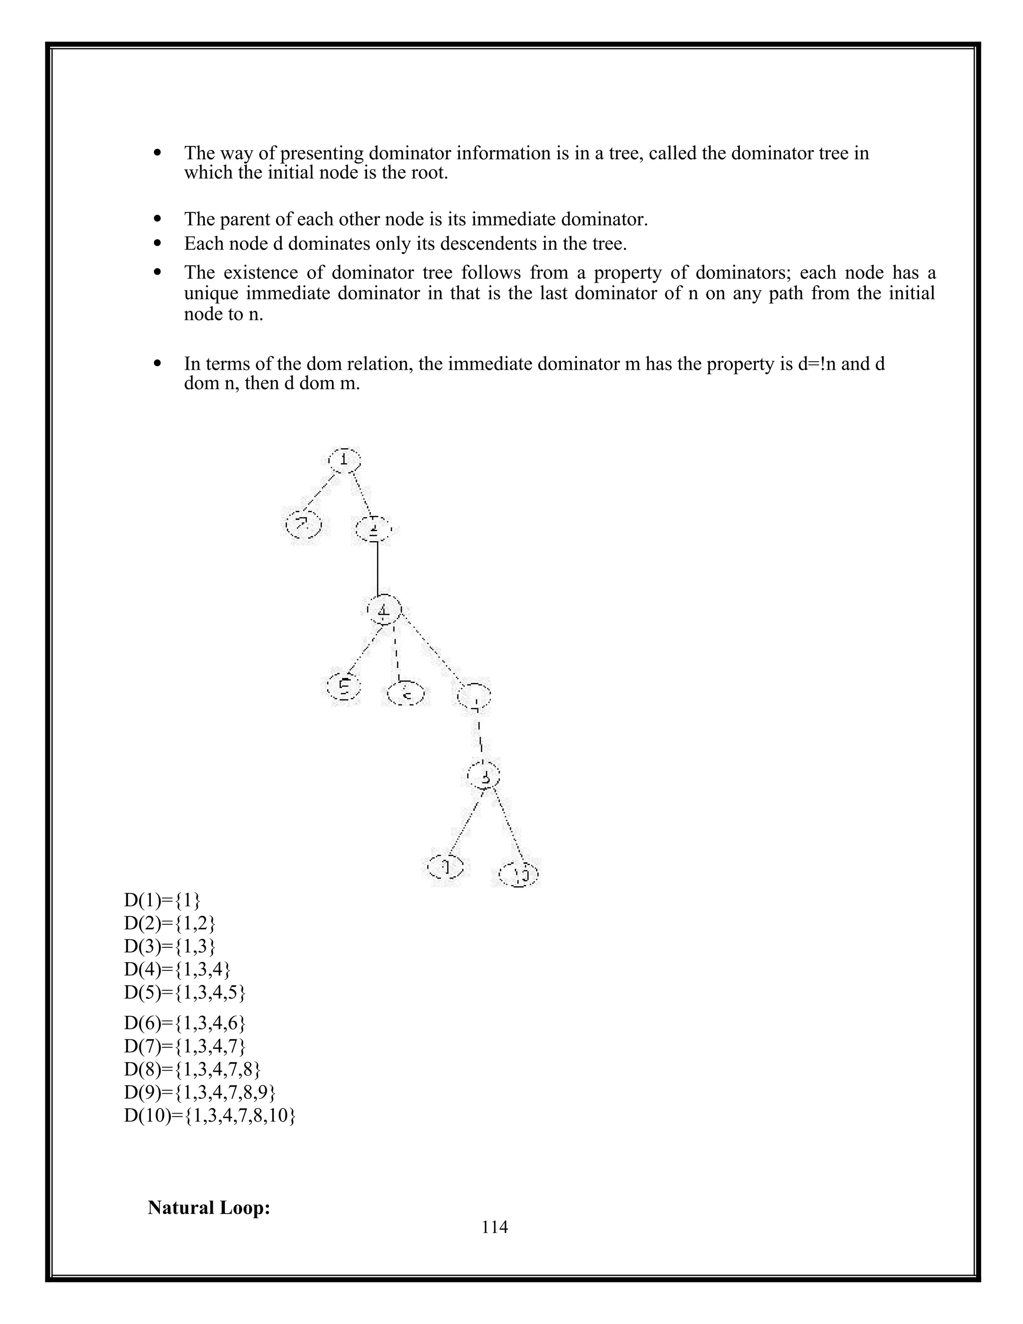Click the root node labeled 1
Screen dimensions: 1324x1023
click(x=344, y=460)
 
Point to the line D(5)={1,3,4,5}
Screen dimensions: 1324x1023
click(x=185, y=992)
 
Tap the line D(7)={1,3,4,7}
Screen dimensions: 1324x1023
click(x=185, y=1046)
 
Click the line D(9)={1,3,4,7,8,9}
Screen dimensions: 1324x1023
click(x=200, y=1092)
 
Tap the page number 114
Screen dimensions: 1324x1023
click(x=495, y=1227)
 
